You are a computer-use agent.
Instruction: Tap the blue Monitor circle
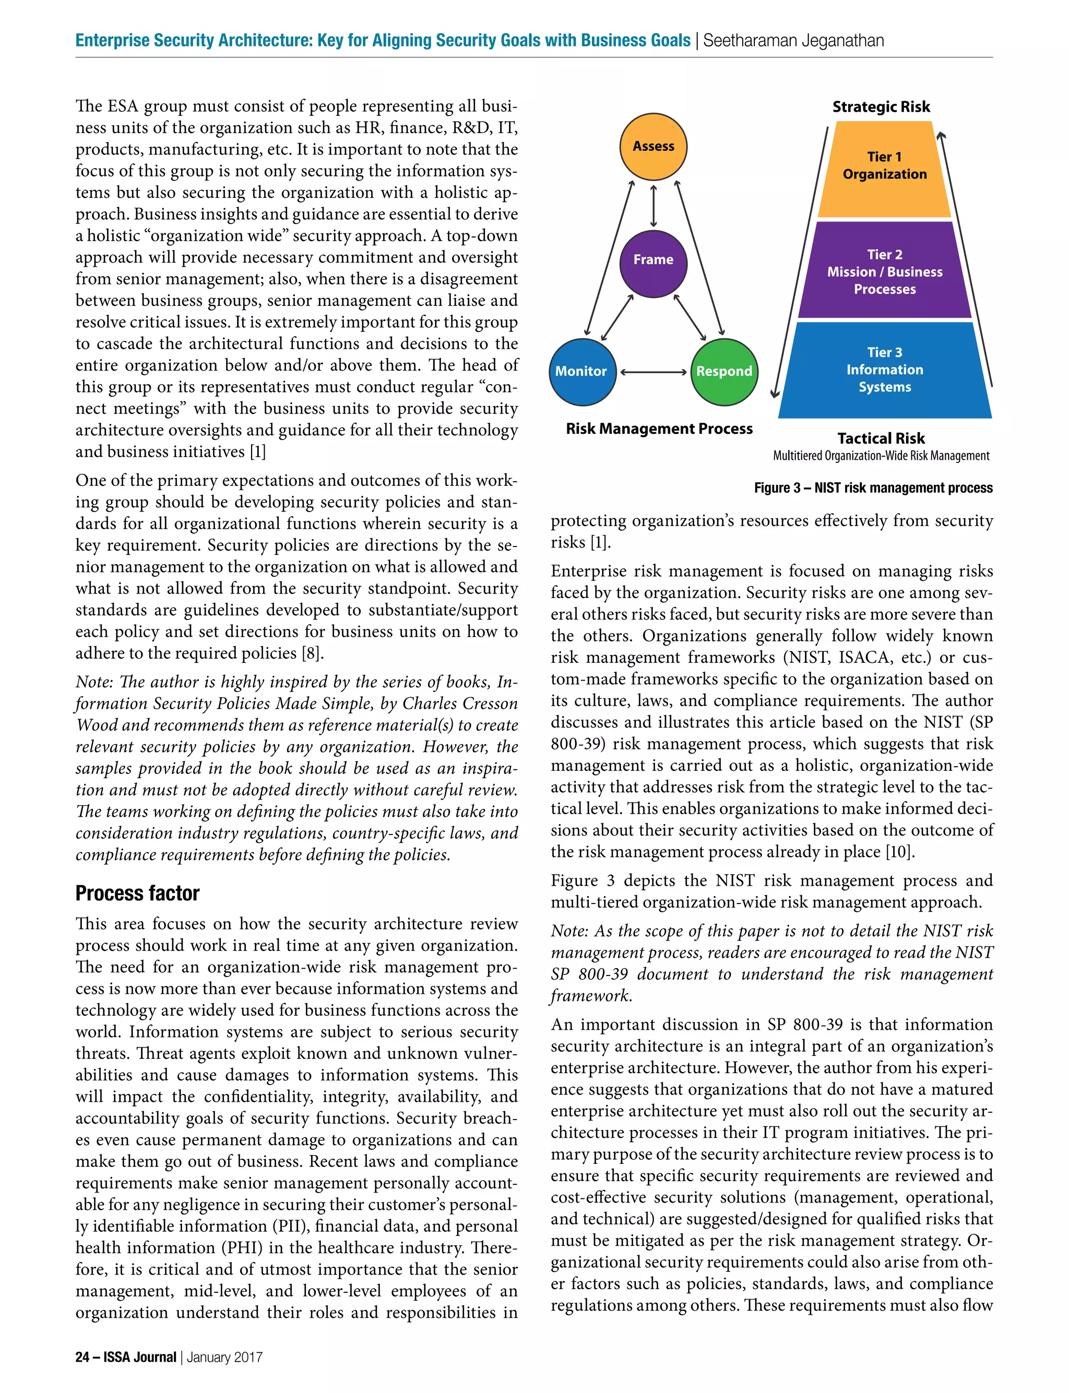[x=581, y=372]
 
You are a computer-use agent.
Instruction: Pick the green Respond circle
[x=724, y=372]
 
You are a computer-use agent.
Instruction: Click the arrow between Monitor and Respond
[x=653, y=372]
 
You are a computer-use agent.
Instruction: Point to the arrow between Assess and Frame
[x=654, y=206]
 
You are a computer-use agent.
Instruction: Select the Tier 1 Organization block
[x=884, y=169]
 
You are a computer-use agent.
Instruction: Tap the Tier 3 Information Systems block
[x=884, y=370]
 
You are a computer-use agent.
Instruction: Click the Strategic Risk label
[x=881, y=107]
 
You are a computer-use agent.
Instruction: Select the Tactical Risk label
[x=881, y=438]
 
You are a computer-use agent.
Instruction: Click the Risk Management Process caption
[x=659, y=428]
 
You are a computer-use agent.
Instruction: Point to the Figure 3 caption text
[x=873, y=488]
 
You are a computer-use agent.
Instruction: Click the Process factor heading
[x=137, y=893]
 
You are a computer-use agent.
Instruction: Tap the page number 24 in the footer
[x=82, y=1357]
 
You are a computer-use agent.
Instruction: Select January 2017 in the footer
[x=224, y=1357]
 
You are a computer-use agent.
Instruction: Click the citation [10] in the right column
[x=900, y=852]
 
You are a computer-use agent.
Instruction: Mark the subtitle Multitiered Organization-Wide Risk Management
[x=881, y=456]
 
